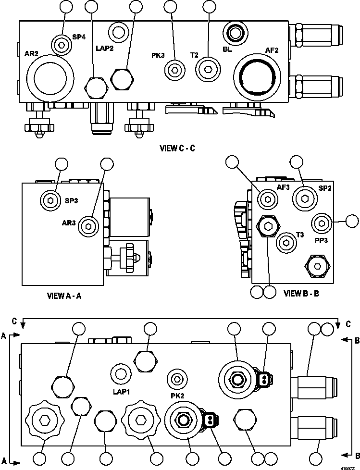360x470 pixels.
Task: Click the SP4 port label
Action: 79,37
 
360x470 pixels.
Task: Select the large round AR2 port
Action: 50,77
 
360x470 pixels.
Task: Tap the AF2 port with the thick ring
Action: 257,77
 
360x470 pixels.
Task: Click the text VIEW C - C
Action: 177,148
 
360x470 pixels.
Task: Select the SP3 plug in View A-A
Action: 50,200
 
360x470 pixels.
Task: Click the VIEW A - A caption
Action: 64,296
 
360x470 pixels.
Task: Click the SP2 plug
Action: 304,198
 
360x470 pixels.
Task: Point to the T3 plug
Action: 286,243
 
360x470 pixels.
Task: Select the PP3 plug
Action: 322,223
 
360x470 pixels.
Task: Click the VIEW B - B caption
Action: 301,294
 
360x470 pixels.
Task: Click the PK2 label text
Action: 177,396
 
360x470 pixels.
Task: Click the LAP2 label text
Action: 105,48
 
